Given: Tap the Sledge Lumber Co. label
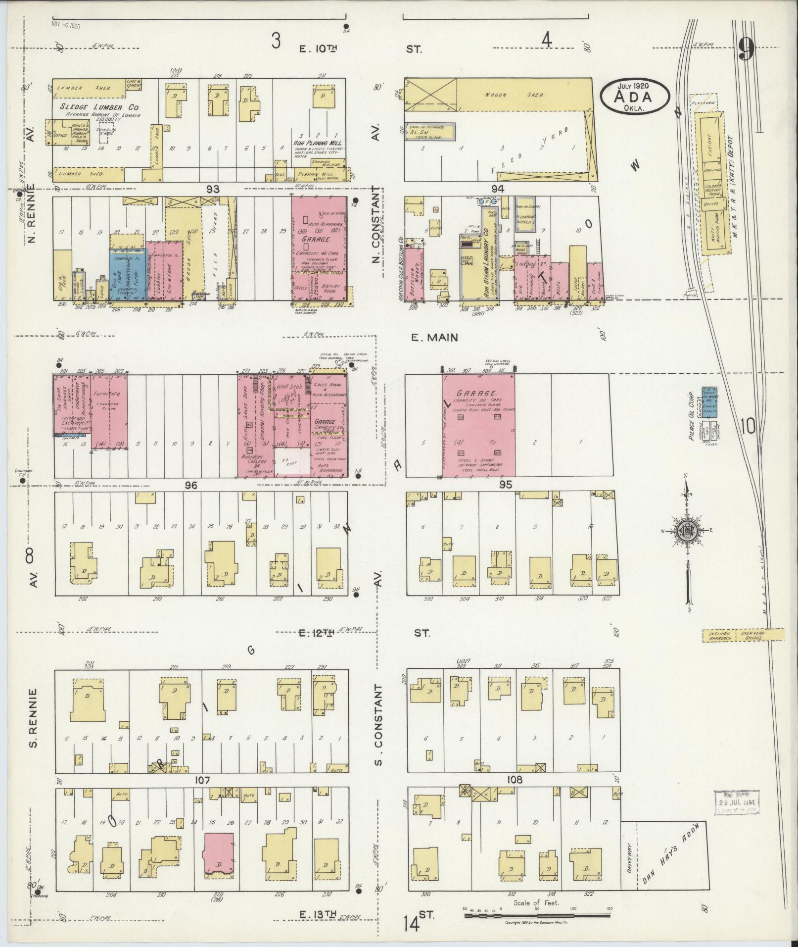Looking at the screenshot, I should click(99, 107).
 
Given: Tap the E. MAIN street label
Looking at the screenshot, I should click(434, 338).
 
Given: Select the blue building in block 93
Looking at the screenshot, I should click(128, 274).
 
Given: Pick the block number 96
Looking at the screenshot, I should click(191, 486).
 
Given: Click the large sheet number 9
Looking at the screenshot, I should click(746, 50).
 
